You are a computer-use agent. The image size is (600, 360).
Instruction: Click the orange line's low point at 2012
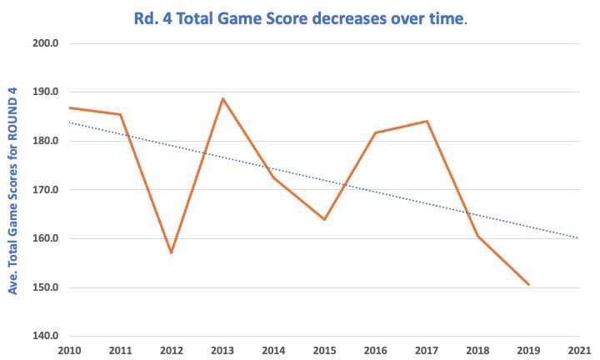[x=171, y=252]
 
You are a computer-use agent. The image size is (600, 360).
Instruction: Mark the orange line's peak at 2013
[x=222, y=98]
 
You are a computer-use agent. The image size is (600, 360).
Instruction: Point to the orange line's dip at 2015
[x=324, y=219]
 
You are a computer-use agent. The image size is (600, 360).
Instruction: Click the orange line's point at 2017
[x=427, y=121]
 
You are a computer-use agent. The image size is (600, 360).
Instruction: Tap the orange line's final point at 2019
[x=528, y=284]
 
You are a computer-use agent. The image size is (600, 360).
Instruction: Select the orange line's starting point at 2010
[x=69, y=107]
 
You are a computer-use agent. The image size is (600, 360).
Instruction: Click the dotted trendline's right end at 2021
[x=578, y=237]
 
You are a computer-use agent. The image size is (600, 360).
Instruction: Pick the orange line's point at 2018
[x=477, y=236]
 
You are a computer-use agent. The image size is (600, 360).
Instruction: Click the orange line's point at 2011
[x=120, y=114]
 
